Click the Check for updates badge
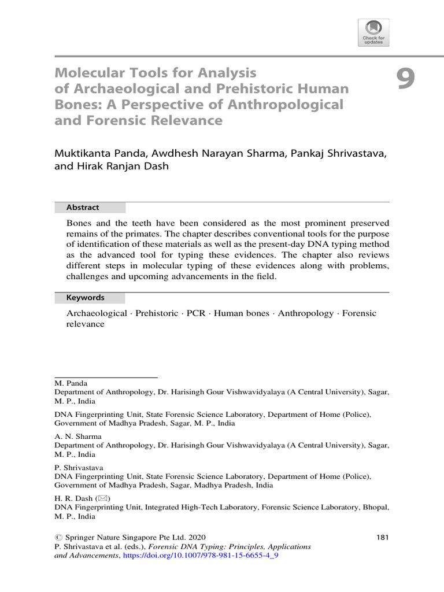coord(373,32)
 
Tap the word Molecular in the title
coord(90,73)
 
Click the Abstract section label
coord(83,208)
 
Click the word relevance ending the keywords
coord(85,324)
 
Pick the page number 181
coord(383,537)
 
